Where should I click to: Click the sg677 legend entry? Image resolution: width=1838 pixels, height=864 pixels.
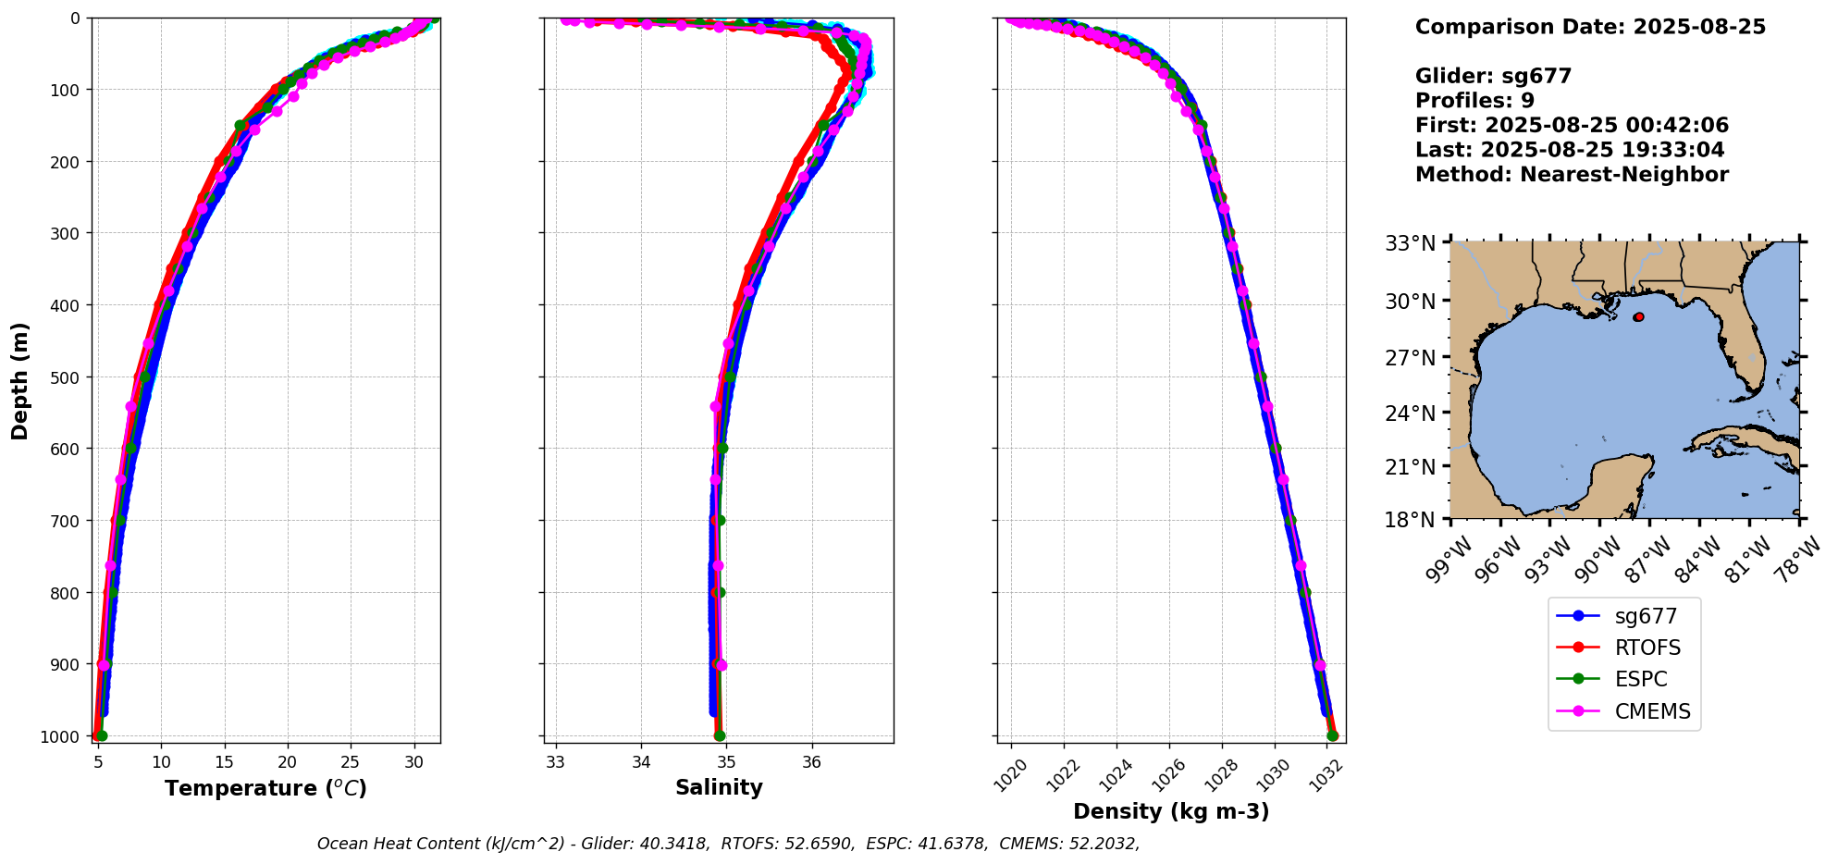pos(1645,616)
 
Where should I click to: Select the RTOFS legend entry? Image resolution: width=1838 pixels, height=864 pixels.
pos(1647,648)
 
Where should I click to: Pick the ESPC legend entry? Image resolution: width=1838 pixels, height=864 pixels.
pos(1640,679)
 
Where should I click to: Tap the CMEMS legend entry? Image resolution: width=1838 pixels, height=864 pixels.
pos(1652,711)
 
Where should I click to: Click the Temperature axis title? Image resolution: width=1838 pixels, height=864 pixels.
pos(265,788)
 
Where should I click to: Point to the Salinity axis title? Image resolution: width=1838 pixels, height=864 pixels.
pos(719,788)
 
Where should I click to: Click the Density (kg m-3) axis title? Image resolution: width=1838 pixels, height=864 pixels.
pos(1171,812)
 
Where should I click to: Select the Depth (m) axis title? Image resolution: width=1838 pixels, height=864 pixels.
pos(20,380)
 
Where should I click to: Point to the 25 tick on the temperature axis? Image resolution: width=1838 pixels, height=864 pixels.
pos(351,763)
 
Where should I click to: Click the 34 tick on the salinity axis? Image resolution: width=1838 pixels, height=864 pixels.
pos(641,763)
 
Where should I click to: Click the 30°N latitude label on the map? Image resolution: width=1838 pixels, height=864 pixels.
pos(1410,302)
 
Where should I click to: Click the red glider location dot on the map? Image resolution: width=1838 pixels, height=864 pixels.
pos(1638,317)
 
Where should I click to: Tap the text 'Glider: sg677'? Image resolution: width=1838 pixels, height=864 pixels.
pos(1493,76)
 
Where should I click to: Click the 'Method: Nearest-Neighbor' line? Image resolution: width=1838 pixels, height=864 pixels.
pos(1572,175)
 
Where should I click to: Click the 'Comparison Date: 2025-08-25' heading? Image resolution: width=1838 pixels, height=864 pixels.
pos(1590,27)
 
